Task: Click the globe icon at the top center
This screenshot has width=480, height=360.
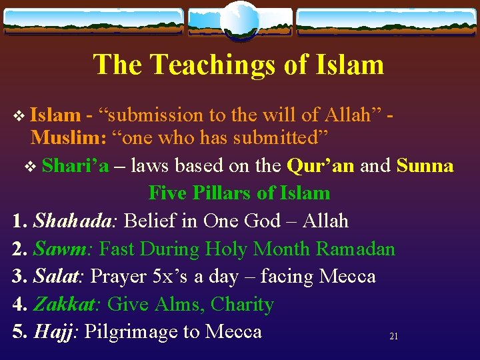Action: coord(239,19)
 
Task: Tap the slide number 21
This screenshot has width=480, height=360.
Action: coord(393,337)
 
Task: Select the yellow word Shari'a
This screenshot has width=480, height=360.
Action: coord(75,165)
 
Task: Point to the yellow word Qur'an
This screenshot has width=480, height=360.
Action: coord(320,165)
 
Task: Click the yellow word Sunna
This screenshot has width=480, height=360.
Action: coord(425,165)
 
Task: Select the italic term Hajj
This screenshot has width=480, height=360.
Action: coord(56,331)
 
